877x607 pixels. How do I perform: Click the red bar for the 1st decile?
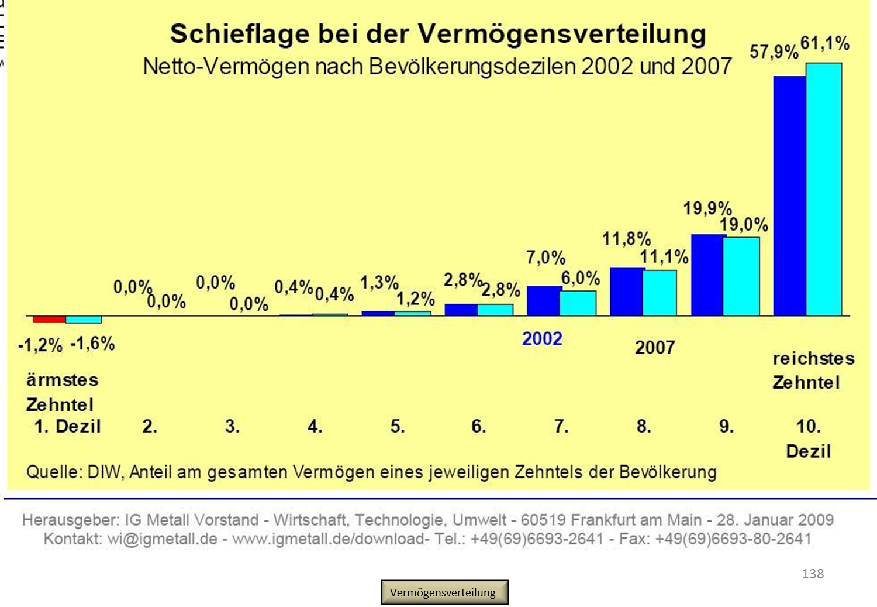pyautogui.click(x=49, y=319)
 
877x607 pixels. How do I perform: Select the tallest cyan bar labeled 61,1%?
pyautogui.click(x=824, y=189)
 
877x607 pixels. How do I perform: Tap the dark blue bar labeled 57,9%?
pyautogui.click(x=789, y=196)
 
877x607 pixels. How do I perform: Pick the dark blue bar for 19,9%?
pyautogui.click(x=707, y=275)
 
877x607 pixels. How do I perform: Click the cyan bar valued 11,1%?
pyautogui.click(x=660, y=293)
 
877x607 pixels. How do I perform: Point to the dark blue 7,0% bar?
pyautogui.click(x=543, y=301)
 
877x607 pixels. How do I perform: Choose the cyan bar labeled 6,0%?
pyautogui.click(x=578, y=303)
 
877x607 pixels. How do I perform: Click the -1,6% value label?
pyautogui.click(x=92, y=344)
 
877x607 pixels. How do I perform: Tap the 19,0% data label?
pyautogui.click(x=744, y=225)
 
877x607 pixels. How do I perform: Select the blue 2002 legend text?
pyautogui.click(x=542, y=339)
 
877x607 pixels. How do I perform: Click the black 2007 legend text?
pyautogui.click(x=655, y=348)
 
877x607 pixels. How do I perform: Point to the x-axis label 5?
pyautogui.click(x=398, y=426)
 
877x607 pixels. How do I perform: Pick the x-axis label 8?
pyautogui.click(x=644, y=426)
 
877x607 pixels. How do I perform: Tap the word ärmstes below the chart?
pyautogui.click(x=62, y=380)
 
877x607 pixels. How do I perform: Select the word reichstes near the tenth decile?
pyautogui.click(x=813, y=358)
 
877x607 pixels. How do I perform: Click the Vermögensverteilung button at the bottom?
pyautogui.click(x=444, y=592)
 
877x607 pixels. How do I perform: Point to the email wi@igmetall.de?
pyautogui.click(x=162, y=539)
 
